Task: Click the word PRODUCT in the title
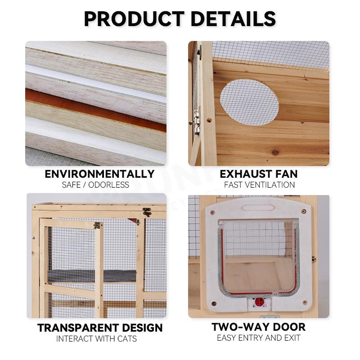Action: click(x=134, y=19)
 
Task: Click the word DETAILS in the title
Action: click(x=233, y=19)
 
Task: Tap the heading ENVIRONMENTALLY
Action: click(x=99, y=174)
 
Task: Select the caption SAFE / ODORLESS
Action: click(x=95, y=185)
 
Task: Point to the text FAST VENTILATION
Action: click(x=259, y=185)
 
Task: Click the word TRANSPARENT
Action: click(x=77, y=328)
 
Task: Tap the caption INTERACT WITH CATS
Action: click(x=96, y=339)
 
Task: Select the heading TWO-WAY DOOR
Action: click(x=258, y=327)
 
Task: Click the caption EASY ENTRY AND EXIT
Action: click(x=258, y=338)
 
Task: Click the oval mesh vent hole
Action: click(x=249, y=102)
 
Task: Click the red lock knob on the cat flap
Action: click(x=260, y=302)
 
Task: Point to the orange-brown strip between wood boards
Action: click(x=96, y=110)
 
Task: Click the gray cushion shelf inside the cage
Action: click(x=92, y=275)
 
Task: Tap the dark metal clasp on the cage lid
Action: click(x=147, y=211)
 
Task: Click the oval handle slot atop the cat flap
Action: click(x=258, y=208)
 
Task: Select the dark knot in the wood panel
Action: click(x=275, y=152)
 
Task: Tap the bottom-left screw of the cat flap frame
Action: click(x=214, y=303)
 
